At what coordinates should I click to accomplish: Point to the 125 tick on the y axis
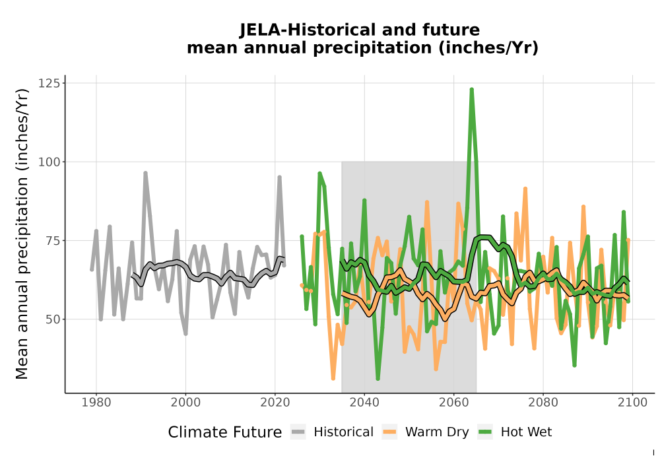tap(49, 83)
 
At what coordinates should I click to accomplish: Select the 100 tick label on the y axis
tap(49, 162)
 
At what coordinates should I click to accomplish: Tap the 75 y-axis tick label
tap(53, 241)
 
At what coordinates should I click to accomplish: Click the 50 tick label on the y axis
tap(53, 319)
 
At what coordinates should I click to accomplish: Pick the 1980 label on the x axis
tap(96, 402)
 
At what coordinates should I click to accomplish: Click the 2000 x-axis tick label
tap(185, 402)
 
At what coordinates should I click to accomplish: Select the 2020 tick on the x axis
tap(275, 402)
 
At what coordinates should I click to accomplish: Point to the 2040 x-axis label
tap(364, 402)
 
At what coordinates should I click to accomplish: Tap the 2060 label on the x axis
tap(454, 402)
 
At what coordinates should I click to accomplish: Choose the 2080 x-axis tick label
tap(543, 402)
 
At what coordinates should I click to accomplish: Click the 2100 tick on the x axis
tap(632, 402)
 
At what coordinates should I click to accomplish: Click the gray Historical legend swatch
tap(298, 432)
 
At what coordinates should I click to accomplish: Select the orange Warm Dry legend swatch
tap(389, 432)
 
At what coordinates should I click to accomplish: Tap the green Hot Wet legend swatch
tap(485, 432)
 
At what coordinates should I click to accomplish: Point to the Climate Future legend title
tap(225, 432)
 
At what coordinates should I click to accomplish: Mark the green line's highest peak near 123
tap(471, 90)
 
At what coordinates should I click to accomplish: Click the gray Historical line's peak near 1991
tap(145, 173)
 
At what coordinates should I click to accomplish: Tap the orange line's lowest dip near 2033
tap(333, 378)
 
